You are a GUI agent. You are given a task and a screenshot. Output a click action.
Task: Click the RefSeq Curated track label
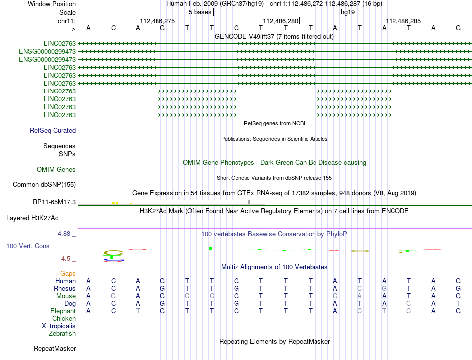pos(53,131)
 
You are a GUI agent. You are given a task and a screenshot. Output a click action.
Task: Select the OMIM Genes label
pos(56,170)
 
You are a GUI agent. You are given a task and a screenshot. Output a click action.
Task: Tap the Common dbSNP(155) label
pos(44,185)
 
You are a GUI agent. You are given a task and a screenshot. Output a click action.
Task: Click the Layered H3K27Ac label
pos(32,218)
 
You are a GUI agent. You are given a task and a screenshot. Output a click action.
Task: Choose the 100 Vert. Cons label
pos(28,246)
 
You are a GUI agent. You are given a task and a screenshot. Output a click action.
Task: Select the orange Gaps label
pos(68,274)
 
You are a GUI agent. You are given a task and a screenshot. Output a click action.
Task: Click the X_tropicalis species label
pos(59,326)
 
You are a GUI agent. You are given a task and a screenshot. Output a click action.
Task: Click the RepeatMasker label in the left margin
pos(55,348)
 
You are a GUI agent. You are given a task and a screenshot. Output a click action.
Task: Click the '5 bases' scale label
pos(200,12)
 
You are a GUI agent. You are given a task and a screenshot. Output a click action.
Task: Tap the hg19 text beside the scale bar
pos(347,12)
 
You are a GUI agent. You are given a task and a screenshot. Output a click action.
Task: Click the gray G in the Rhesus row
pos(384,289)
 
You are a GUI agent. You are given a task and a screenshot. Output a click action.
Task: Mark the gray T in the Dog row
pos(458,304)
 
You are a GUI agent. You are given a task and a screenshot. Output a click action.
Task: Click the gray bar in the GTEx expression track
pos(249,202)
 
